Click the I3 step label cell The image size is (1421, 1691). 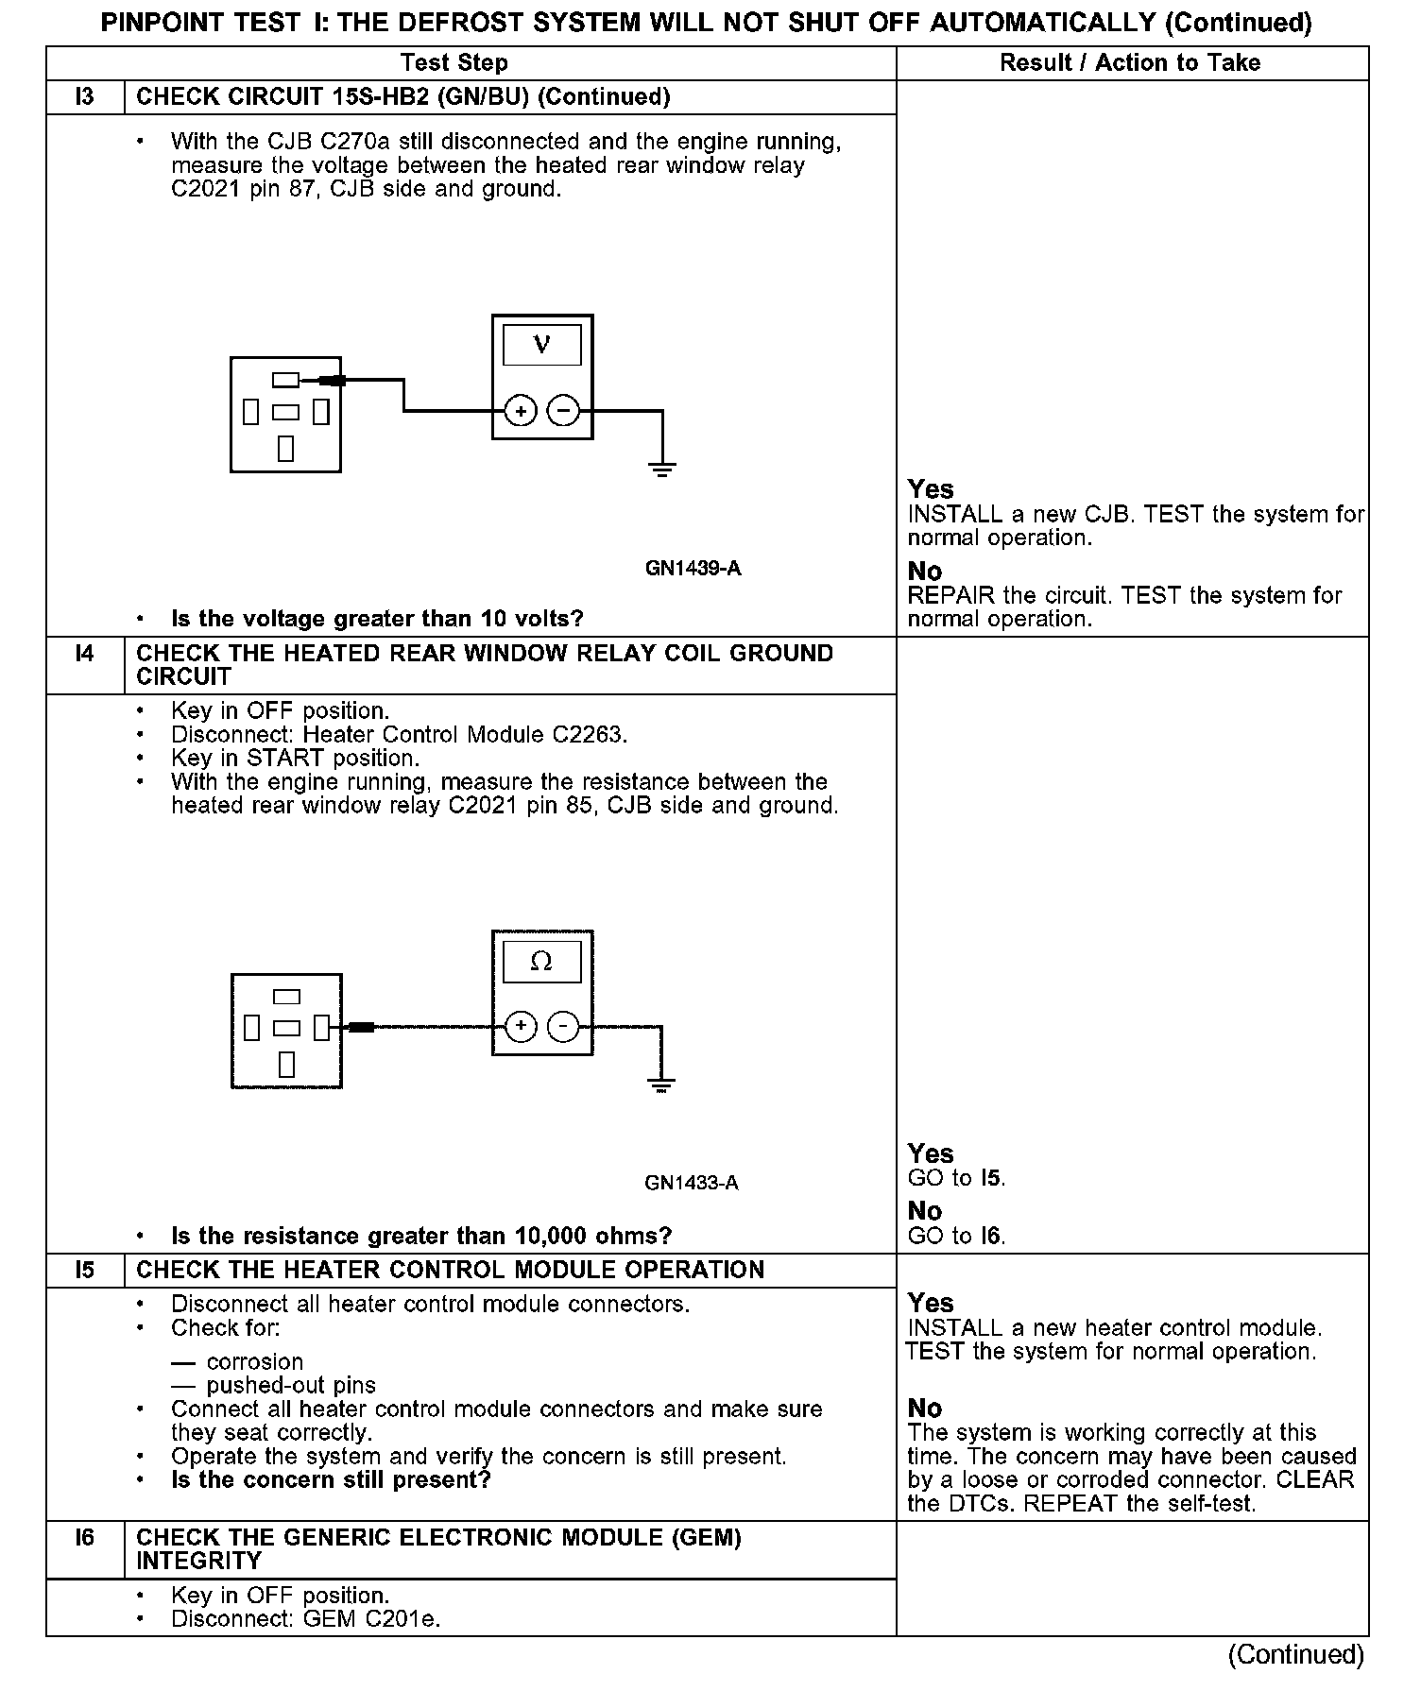pyautogui.click(x=85, y=97)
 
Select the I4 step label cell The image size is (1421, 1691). pyautogui.click(x=85, y=654)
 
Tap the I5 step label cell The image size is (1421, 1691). pyautogui.click(x=85, y=1271)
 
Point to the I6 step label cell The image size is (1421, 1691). pyautogui.click(x=85, y=1538)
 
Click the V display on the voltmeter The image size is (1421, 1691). pyautogui.click(x=542, y=345)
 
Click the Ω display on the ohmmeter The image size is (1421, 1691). pyautogui.click(x=542, y=962)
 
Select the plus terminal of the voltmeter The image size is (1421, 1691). pyautogui.click(x=521, y=411)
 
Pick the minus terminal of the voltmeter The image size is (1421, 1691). pyautogui.click(x=564, y=411)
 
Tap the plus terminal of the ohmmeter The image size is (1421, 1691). pyautogui.click(x=521, y=1027)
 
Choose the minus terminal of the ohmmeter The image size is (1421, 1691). pyautogui.click(x=564, y=1027)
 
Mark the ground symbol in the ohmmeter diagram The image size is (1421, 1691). pyautogui.click(x=662, y=1084)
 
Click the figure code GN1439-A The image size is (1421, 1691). pyautogui.click(x=693, y=569)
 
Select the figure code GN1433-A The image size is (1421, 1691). pyautogui.click(x=692, y=1184)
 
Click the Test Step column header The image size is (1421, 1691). pyautogui.click(x=454, y=63)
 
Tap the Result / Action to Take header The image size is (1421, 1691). pyautogui.click(x=1130, y=63)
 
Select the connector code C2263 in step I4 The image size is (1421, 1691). pyautogui.click(x=588, y=735)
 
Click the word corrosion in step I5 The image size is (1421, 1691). pyautogui.click(x=255, y=1362)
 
